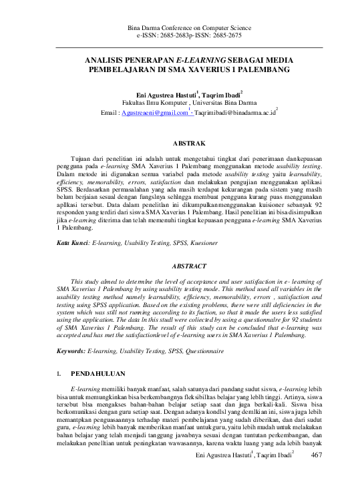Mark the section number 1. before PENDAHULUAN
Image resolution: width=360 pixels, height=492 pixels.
60,374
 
